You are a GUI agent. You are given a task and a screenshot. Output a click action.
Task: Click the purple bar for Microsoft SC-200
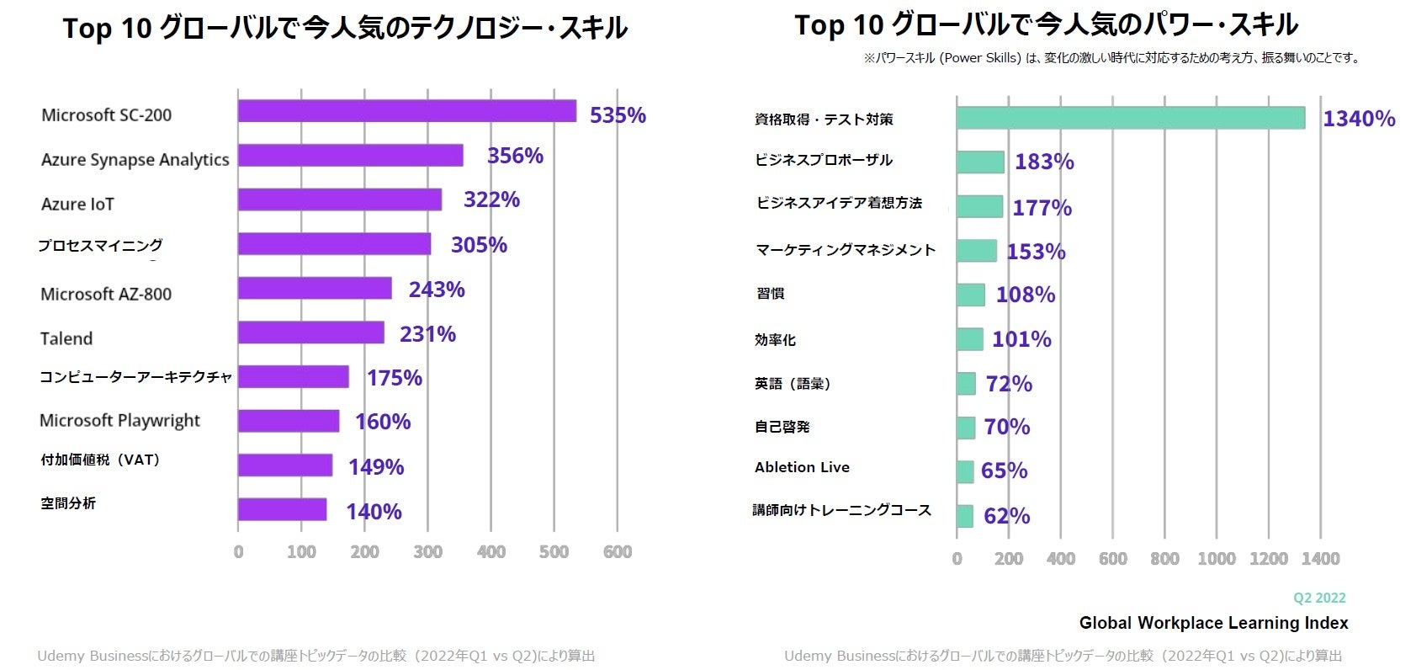(x=407, y=111)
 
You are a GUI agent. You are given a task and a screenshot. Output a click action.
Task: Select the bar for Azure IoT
(x=340, y=199)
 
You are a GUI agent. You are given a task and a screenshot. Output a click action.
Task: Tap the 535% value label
(x=618, y=115)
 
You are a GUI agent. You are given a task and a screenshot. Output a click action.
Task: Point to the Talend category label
(x=66, y=338)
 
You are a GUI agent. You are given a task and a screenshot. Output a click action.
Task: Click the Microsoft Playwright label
(x=119, y=420)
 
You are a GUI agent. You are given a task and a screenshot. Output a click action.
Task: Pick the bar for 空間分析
(x=282, y=509)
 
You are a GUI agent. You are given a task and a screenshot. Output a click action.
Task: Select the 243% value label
(x=437, y=290)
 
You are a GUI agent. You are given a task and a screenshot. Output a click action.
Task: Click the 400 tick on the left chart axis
(x=491, y=552)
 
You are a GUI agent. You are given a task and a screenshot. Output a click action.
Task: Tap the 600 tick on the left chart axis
(x=618, y=552)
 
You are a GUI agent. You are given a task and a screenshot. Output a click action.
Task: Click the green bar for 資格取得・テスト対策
(x=1130, y=118)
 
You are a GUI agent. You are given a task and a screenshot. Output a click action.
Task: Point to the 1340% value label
(x=1359, y=119)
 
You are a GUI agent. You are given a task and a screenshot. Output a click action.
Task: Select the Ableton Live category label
(x=802, y=467)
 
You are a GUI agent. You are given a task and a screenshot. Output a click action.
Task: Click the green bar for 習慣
(x=970, y=295)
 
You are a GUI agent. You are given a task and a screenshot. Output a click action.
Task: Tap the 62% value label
(x=1006, y=516)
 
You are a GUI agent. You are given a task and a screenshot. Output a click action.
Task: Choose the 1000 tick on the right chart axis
(x=1217, y=558)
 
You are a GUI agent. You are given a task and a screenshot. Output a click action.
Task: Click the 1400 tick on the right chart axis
(x=1320, y=558)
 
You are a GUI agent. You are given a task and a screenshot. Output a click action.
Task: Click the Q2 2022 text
(x=1319, y=598)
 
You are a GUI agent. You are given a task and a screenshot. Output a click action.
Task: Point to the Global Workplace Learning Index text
(x=1213, y=623)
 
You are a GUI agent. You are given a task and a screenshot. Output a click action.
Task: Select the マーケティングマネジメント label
(x=846, y=250)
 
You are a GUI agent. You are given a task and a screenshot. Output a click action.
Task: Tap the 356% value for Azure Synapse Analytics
(x=515, y=156)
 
